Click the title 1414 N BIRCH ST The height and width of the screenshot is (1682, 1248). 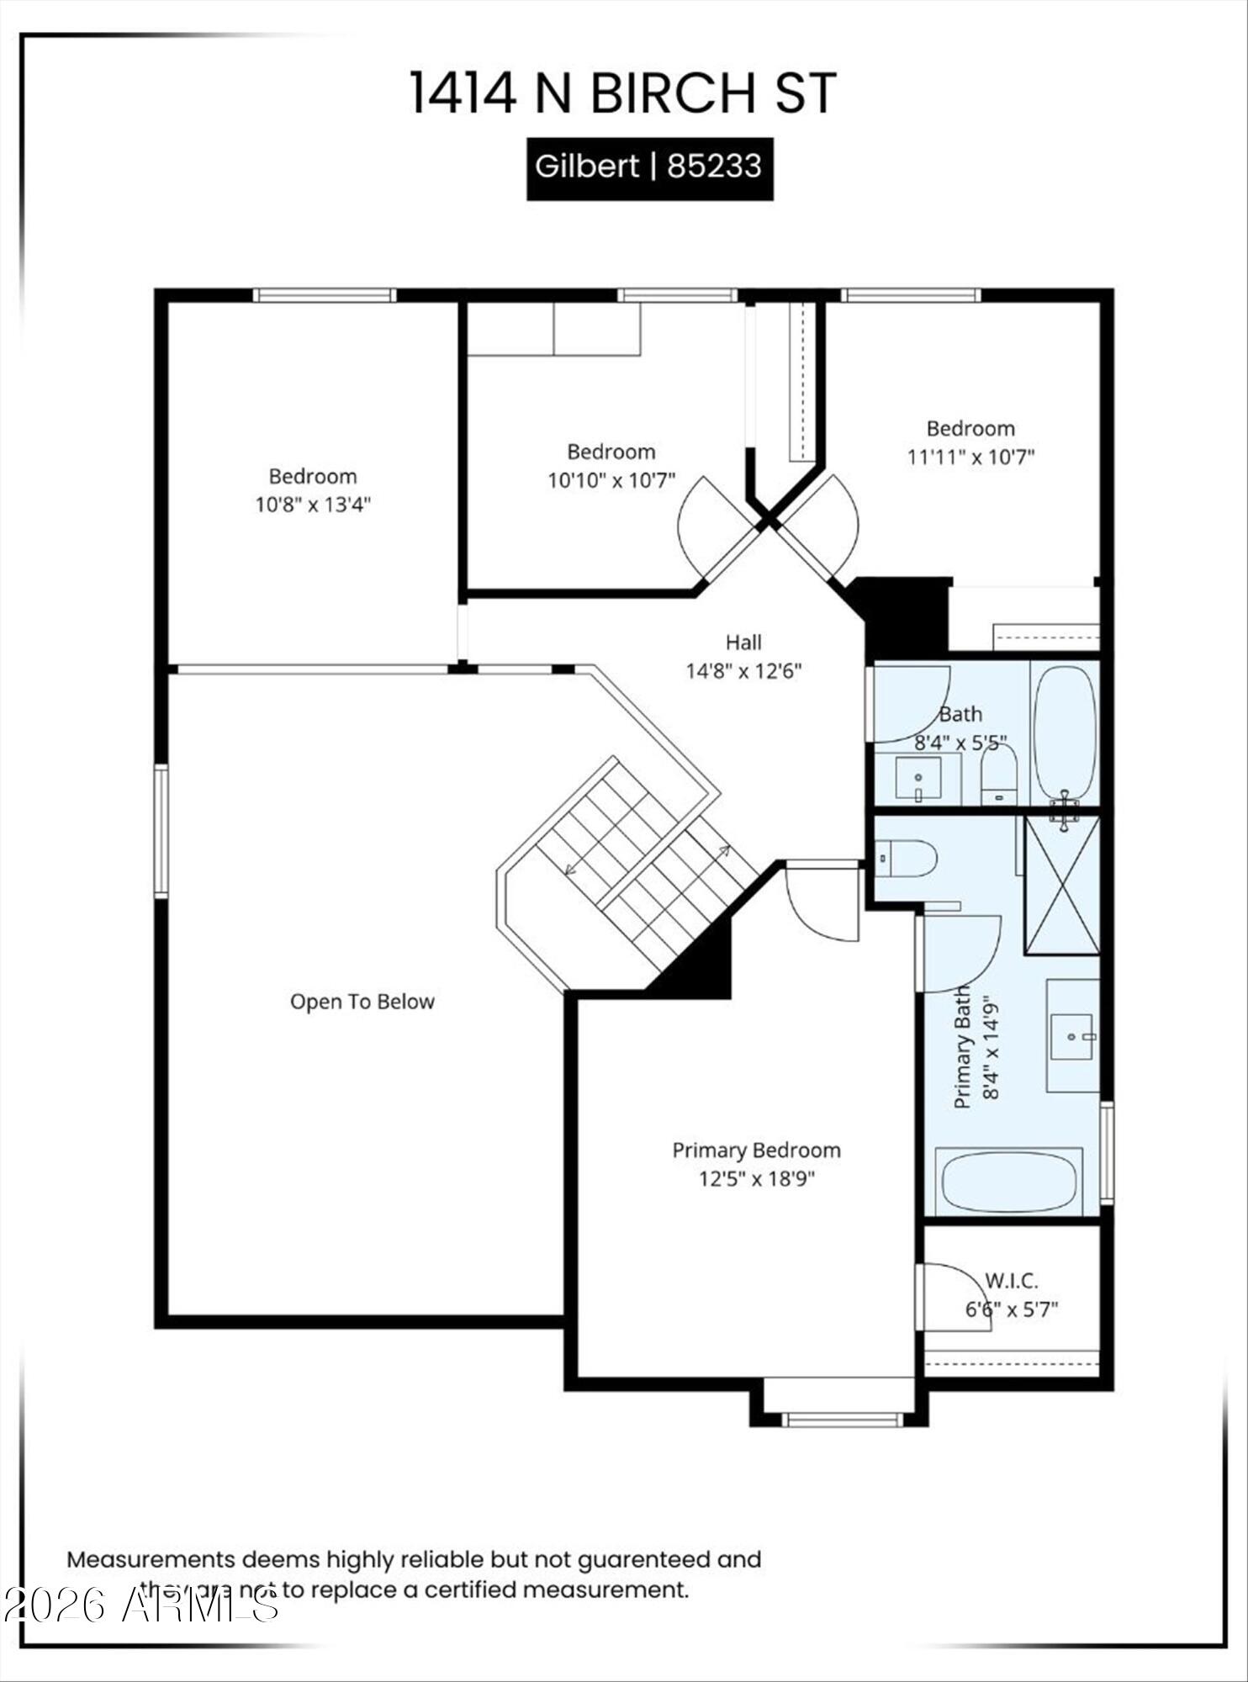[x=622, y=93]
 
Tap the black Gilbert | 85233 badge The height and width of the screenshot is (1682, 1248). [x=649, y=167]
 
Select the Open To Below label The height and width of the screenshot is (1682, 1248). [x=362, y=1002]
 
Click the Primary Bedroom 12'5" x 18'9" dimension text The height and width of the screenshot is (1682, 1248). [x=756, y=1178]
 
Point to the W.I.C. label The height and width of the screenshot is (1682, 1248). [x=1011, y=1281]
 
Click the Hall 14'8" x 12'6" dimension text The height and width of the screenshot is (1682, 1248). [x=743, y=671]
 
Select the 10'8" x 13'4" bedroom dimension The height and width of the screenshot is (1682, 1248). [x=313, y=505]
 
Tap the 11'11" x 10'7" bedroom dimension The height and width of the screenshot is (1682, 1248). [x=970, y=457]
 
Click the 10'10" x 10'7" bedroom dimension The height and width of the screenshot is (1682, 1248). [x=611, y=480]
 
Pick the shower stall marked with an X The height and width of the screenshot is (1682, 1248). [x=1061, y=885]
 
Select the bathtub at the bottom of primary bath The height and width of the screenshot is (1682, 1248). [x=1008, y=1182]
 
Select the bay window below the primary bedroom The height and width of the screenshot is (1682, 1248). [x=841, y=1420]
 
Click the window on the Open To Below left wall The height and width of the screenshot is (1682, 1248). [x=161, y=831]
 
